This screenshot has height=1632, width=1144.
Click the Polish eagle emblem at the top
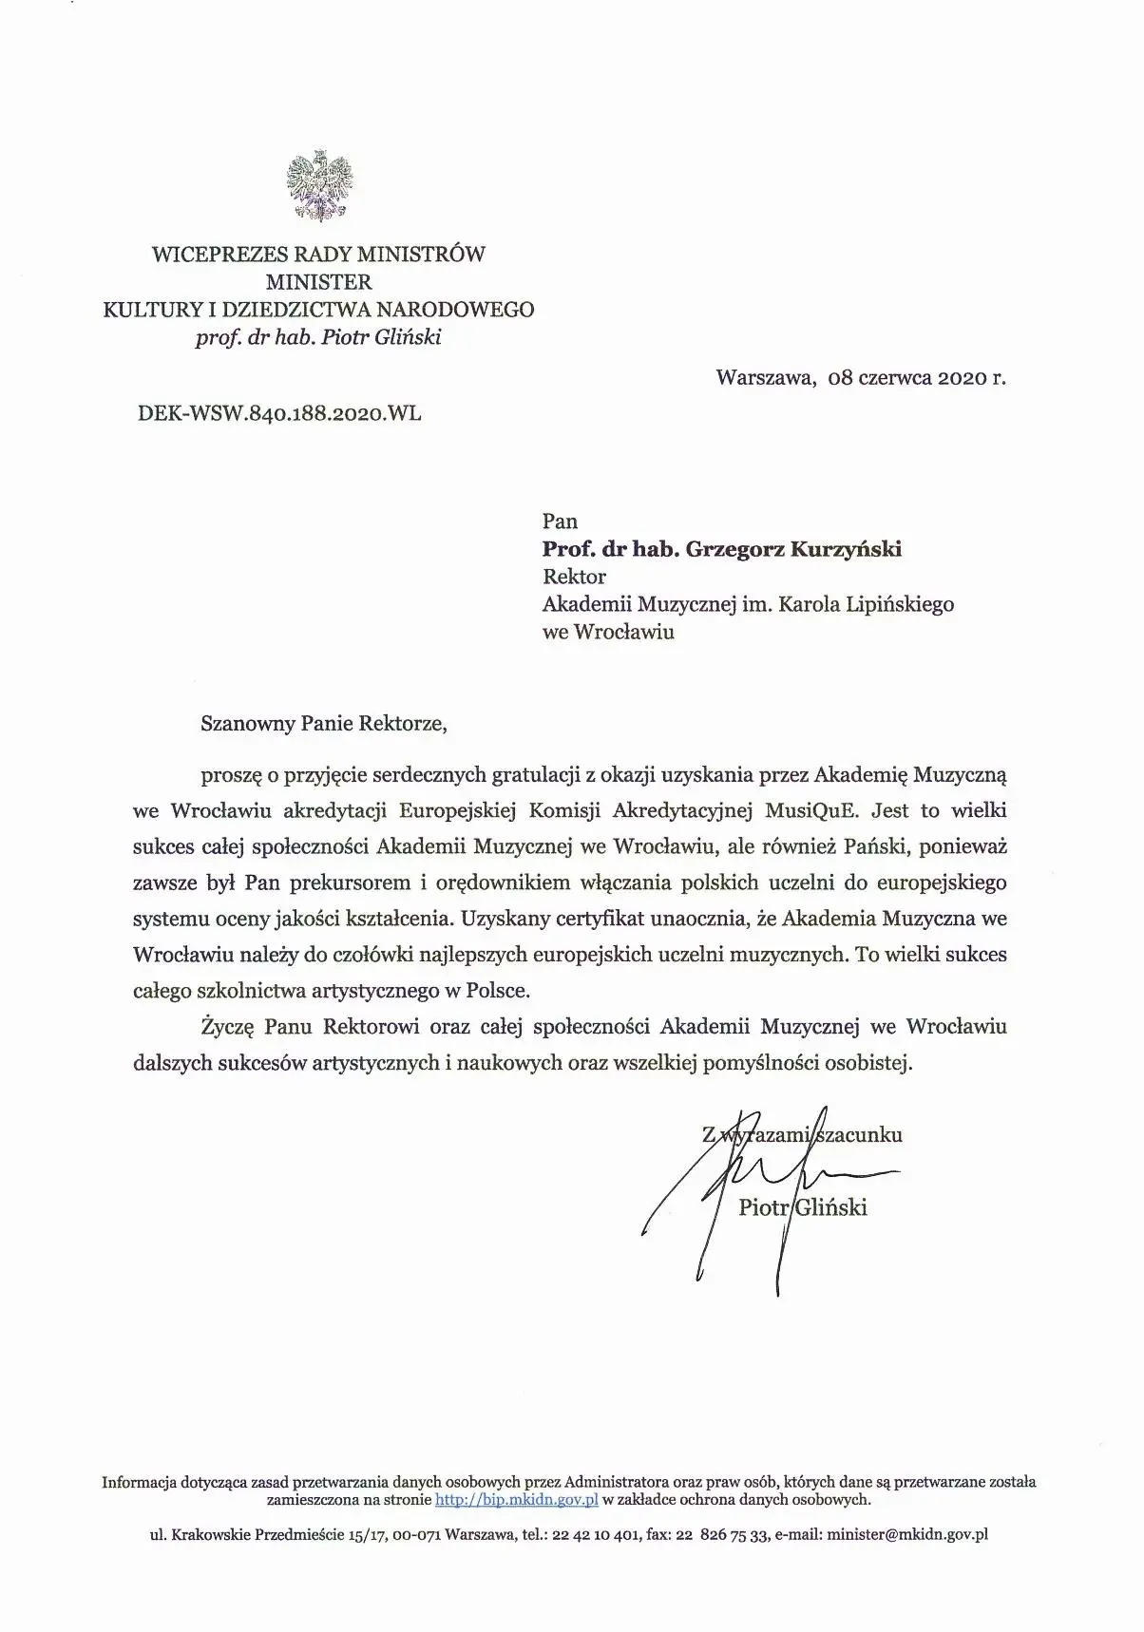pyautogui.click(x=319, y=186)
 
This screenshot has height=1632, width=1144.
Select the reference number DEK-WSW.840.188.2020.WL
pyautogui.click(x=279, y=413)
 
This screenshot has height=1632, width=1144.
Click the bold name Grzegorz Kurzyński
pyautogui.click(x=793, y=549)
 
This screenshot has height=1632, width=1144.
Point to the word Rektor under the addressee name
pyautogui.click(x=573, y=577)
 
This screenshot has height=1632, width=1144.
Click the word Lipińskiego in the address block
pyautogui.click(x=899, y=604)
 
